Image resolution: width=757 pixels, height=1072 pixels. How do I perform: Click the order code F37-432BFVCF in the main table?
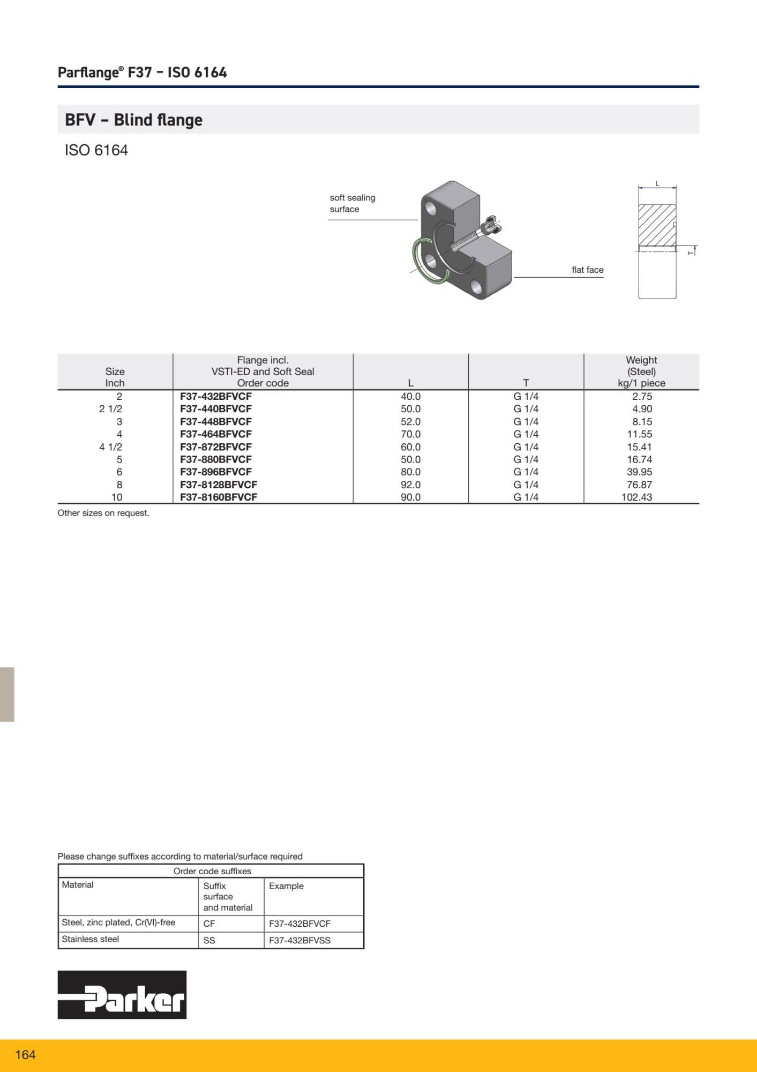[215, 397]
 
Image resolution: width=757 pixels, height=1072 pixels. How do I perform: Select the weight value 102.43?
[636, 497]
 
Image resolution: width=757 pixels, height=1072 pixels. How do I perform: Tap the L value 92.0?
[410, 485]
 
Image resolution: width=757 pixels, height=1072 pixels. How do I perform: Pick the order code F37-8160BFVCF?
[219, 497]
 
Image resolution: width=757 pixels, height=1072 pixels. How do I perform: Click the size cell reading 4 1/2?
[110, 447]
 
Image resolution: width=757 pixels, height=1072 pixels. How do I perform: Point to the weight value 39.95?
[639, 472]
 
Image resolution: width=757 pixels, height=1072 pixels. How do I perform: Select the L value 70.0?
[410, 434]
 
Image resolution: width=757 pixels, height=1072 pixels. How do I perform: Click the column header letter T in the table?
[526, 383]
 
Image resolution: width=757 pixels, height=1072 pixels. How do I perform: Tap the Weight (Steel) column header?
[641, 371]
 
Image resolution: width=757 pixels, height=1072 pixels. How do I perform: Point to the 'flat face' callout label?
[587, 270]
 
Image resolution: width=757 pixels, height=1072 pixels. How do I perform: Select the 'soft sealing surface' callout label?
[352, 204]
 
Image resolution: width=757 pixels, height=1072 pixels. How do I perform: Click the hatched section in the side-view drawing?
[657, 226]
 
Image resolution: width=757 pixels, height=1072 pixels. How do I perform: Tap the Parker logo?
[122, 994]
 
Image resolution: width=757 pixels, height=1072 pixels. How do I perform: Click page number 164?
[25, 1055]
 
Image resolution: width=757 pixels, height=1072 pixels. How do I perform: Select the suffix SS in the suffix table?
[209, 940]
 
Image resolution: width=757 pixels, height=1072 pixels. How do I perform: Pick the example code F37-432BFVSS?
[299, 940]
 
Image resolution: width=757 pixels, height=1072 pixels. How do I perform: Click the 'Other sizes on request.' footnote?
[103, 513]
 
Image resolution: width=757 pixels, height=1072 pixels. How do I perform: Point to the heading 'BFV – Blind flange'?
[133, 120]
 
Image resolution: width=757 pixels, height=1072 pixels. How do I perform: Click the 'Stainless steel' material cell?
[90, 939]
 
